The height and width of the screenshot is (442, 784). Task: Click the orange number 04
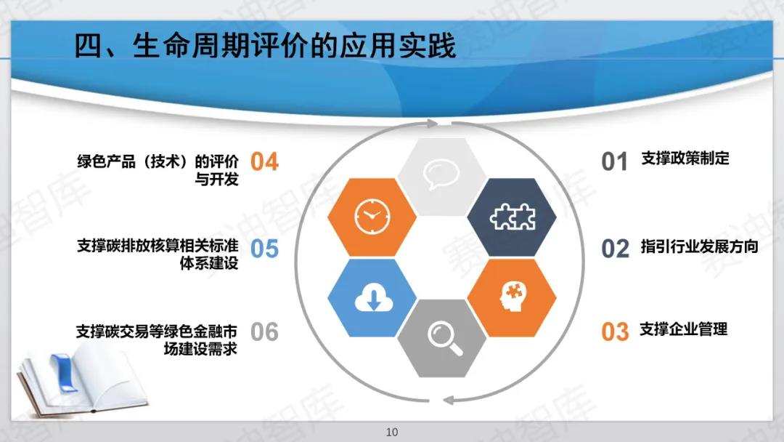tap(264, 161)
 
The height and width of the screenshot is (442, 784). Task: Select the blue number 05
tap(264, 249)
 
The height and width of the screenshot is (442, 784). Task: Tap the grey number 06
tap(264, 332)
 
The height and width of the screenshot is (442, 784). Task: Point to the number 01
tap(615, 161)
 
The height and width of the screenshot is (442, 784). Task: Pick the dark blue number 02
tap(615, 249)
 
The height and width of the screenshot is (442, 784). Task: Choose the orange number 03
tap(615, 332)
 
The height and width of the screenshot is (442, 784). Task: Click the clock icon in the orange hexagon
tap(372, 216)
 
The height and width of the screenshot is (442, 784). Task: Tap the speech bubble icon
tap(441, 174)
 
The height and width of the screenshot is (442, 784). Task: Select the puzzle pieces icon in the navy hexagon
tap(513, 217)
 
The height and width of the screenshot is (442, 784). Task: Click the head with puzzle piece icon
tap(512, 297)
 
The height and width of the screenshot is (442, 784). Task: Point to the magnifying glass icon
tap(444, 339)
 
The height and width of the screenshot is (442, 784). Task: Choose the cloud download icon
tap(374, 297)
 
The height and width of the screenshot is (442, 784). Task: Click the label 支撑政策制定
tap(685, 158)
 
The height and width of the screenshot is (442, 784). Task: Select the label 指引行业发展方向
tap(700, 246)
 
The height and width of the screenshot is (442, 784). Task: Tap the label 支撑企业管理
tap(684, 329)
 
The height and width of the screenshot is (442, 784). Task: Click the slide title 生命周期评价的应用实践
tap(295, 46)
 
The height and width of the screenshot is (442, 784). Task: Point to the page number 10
tap(392, 432)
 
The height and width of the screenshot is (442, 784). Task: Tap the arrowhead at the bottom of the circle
tap(449, 400)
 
